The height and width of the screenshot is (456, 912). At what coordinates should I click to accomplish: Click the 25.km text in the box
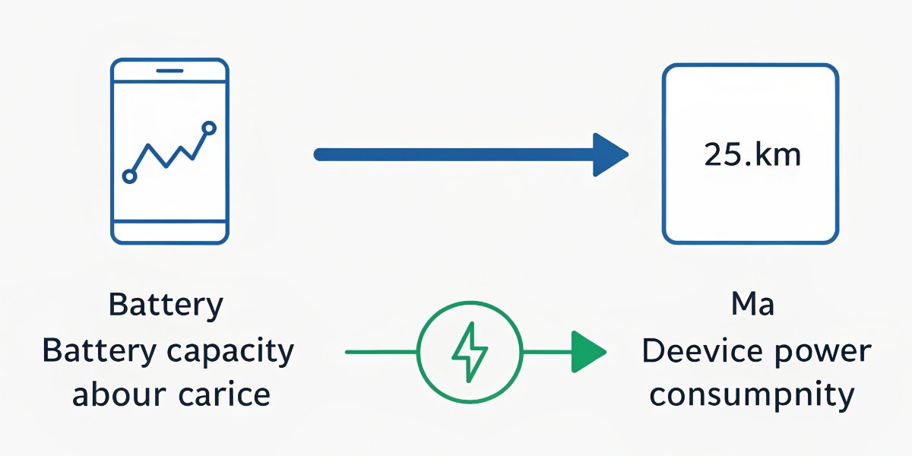pos(752,155)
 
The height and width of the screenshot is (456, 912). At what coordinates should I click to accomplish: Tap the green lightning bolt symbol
pos(470,352)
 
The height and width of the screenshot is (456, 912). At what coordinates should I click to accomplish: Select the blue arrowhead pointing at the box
pos(610,155)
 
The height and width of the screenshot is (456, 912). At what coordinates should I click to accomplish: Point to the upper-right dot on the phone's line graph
pos(209,128)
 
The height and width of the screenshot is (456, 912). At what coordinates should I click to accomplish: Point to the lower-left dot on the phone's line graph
pos(129,176)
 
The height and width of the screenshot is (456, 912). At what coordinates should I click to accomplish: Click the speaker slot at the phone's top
pos(169,71)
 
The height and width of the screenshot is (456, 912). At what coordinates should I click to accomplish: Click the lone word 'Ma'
pos(752,306)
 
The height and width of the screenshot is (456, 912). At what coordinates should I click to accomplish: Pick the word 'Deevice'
pos(698,352)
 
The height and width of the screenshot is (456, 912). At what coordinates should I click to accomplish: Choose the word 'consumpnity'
pos(752,396)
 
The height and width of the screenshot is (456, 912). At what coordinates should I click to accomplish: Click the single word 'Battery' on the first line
pos(166,306)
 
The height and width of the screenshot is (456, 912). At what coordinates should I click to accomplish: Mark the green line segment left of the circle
pos(380,352)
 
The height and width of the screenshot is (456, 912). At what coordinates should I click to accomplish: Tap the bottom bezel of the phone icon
pos(169,232)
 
